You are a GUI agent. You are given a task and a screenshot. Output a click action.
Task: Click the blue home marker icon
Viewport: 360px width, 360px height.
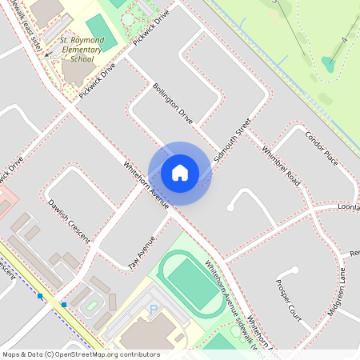click(180, 173)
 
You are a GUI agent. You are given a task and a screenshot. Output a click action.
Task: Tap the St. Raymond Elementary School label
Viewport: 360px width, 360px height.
click(77, 49)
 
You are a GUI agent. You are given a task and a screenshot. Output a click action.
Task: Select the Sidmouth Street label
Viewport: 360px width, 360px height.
click(233, 137)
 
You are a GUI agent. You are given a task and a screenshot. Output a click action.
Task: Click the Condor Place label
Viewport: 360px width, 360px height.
click(322, 148)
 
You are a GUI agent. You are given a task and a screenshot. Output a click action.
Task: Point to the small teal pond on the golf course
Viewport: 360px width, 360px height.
click(328, 62)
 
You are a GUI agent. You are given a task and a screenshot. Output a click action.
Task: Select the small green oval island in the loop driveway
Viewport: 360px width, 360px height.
click(91, 306)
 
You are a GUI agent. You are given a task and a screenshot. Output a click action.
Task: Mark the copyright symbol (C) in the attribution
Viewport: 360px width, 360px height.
click(50, 354)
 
